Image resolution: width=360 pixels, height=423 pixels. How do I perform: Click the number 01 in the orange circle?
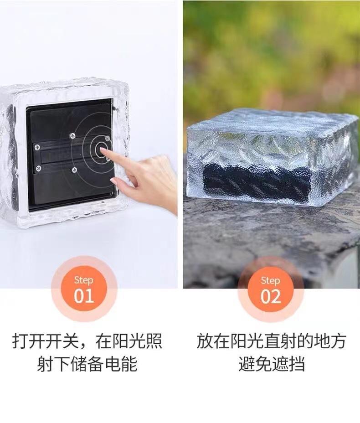click(84, 296)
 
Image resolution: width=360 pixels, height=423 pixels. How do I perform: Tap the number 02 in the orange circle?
click(271, 296)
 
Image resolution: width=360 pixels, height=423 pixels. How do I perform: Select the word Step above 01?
click(84, 280)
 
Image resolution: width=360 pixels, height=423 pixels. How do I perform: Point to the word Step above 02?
click(270, 281)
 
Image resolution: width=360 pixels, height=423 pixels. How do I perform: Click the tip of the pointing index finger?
click(102, 150)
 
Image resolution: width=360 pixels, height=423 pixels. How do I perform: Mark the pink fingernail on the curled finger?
click(114, 181)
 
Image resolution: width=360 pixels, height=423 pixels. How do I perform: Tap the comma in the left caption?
click(86, 346)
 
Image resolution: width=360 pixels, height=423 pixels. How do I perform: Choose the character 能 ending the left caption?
click(129, 363)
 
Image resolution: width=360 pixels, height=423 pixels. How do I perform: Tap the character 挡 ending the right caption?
click(297, 363)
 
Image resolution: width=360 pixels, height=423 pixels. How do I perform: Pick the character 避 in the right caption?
click(247, 363)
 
